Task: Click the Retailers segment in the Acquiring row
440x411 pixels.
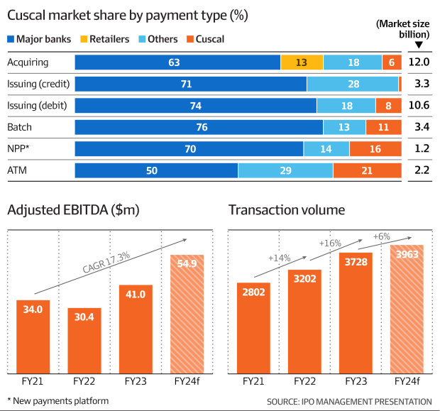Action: pyautogui.click(x=301, y=62)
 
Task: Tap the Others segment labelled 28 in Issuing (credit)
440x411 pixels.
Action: pyautogui.click(x=353, y=84)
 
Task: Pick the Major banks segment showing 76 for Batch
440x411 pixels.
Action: pyautogui.click(x=199, y=128)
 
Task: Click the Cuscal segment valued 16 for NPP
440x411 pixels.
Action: pyautogui.click(x=375, y=149)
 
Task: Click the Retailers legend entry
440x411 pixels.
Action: pyautogui.click(x=107, y=39)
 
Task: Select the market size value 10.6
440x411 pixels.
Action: pyautogui.click(x=421, y=106)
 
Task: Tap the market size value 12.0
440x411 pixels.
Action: pyautogui.click(x=421, y=62)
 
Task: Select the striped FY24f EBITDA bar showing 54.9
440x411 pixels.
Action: pyautogui.click(x=187, y=313)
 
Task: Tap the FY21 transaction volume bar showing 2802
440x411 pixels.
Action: pyautogui.click(x=255, y=327)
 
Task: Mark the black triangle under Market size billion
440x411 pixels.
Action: pyautogui.click(x=419, y=45)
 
